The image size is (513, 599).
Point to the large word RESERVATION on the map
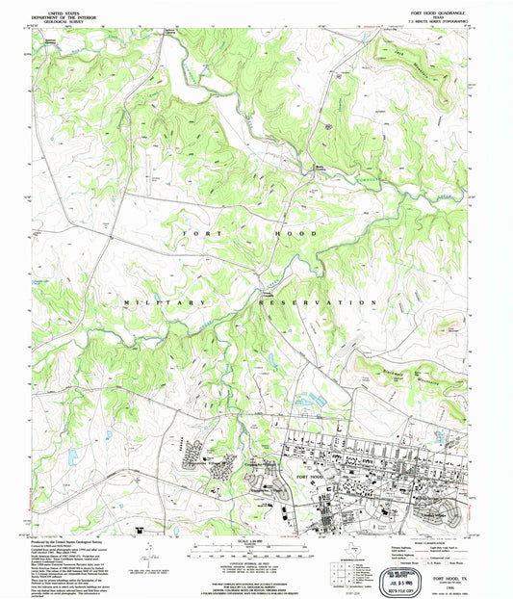pos(318,302)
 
